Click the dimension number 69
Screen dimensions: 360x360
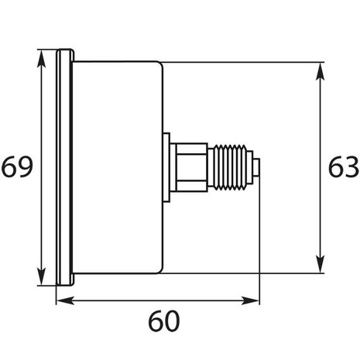click(16, 167)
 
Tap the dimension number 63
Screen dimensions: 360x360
click(341, 167)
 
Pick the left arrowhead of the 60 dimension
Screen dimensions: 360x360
click(62, 300)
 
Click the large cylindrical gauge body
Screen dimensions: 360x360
click(116, 166)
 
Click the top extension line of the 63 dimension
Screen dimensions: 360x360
click(240, 62)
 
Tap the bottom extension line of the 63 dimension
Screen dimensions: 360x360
click(240, 272)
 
